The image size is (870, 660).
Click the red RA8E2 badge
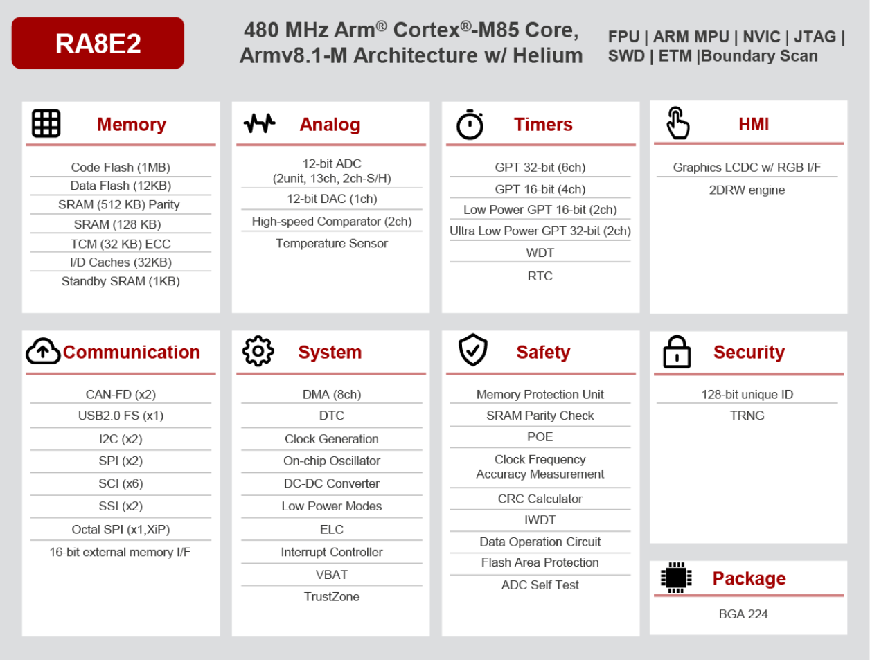point(98,43)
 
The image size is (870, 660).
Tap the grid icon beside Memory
point(46,123)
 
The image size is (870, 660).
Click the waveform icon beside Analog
point(259,123)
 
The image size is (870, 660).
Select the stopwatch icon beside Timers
point(470,125)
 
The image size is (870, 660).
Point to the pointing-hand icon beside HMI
point(677,123)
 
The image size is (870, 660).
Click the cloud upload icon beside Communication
point(43,351)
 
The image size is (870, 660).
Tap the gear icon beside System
point(258,351)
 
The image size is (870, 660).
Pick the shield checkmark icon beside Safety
point(473,350)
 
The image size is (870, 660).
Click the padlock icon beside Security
point(677,352)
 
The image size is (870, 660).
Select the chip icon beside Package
point(676,578)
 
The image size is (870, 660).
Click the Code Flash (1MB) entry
point(121,167)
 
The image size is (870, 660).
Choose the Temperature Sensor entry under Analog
point(332,243)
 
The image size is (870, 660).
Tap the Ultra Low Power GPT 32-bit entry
point(540,231)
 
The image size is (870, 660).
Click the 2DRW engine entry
point(747,190)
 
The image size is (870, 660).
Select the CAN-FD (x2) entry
point(121,394)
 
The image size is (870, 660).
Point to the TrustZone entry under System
point(332,596)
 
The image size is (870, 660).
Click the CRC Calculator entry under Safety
point(540,499)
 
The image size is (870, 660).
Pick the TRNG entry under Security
point(747,416)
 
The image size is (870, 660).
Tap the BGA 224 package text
point(743,614)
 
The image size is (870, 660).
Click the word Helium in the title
point(547,55)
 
